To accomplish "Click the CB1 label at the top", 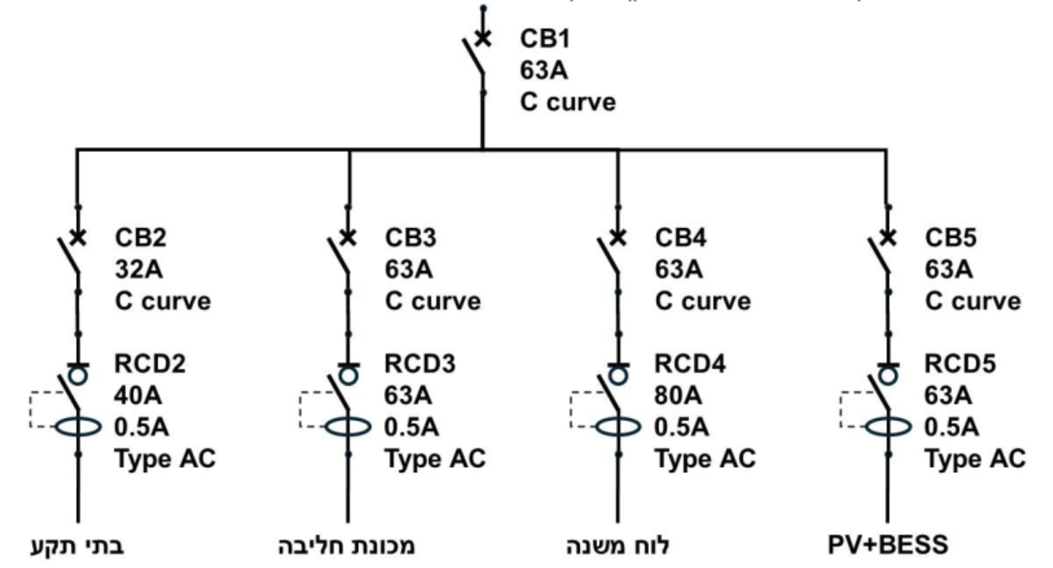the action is pyautogui.click(x=545, y=39).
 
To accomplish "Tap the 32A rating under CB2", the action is pyautogui.click(x=139, y=269).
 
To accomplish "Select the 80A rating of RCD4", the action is pyautogui.click(x=678, y=395).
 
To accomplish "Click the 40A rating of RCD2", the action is pyautogui.click(x=138, y=395).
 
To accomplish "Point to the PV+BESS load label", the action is pyautogui.click(x=887, y=545).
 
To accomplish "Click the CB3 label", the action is pyautogui.click(x=410, y=237).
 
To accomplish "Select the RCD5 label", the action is pyautogui.click(x=960, y=363).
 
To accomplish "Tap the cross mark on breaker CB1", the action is pyautogui.click(x=482, y=39).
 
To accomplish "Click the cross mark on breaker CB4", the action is pyautogui.click(x=618, y=237).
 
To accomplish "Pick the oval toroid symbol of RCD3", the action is pyautogui.click(x=349, y=427).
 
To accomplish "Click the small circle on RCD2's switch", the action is pyautogui.click(x=78, y=376).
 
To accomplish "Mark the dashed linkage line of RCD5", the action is pyautogui.click(x=841, y=409).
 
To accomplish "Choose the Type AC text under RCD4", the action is pyautogui.click(x=705, y=459).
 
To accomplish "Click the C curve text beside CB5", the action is pyautogui.click(x=973, y=301).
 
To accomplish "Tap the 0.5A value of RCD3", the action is pyautogui.click(x=412, y=427).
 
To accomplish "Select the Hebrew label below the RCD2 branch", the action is pyautogui.click(x=78, y=546).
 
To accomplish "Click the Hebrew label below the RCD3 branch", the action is pyautogui.click(x=347, y=546).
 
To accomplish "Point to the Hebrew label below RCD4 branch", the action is pyautogui.click(x=618, y=545).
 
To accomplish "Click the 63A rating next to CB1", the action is pyautogui.click(x=544, y=71).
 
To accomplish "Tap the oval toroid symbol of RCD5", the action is pyautogui.click(x=888, y=427).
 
